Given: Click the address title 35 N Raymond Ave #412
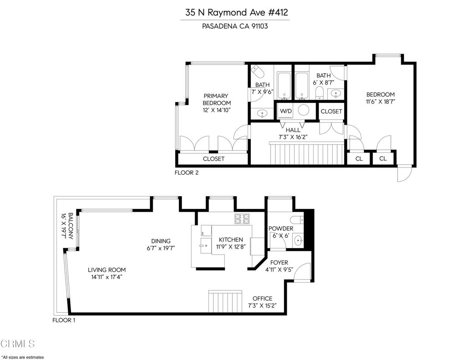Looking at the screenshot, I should (236, 12).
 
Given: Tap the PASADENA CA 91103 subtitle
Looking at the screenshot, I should (235, 26).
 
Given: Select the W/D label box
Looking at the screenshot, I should (286, 111).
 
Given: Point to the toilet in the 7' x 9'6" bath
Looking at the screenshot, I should (258, 72).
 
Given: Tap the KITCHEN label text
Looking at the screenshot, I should (231, 240).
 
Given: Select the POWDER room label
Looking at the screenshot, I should (281, 228).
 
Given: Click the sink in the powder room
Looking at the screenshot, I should (298, 240).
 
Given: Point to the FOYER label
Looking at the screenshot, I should (279, 263).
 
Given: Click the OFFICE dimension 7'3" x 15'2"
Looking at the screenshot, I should (262, 306).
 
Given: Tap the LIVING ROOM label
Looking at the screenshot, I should (106, 270).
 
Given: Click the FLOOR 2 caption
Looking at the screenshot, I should (187, 173).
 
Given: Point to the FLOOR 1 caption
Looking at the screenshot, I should (64, 320).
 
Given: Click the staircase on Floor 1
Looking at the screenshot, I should (226, 302).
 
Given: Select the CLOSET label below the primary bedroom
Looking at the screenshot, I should (213, 159).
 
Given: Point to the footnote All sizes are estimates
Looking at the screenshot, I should (23, 357).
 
